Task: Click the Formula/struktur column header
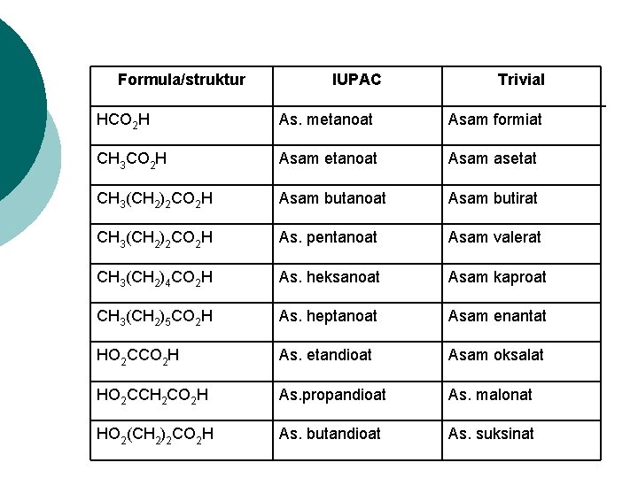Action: pyautogui.click(x=181, y=80)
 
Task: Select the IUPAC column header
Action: pyautogui.click(x=356, y=80)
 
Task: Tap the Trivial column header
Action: pyautogui.click(x=521, y=80)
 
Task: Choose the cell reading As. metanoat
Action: pyautogui.click(x=326, y=119)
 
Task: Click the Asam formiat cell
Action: pyautogui.click(x=494, y=119)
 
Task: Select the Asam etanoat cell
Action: pyautogui.click(x=328, y=158)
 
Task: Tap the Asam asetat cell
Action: pyautogui.click(x=493, y=158)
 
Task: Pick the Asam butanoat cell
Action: pyautogui.click(x=332, y=198)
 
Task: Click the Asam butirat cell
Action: pyautogui.click(x=493, y=198)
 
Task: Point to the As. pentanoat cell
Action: pyautogui.click(x=328, y=237)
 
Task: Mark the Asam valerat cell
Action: pyautogui.click(x=494, y=237)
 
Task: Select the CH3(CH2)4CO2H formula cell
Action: pyautogui.click(x=154, y=278)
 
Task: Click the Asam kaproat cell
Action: pyautogui.click(x=497, y=277)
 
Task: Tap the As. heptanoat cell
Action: pyautogui.click(x=328, y=316)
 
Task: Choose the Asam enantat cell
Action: pyautogui.click(x=497, y=316)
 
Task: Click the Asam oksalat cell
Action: pyautogui.click(x=495, y=355)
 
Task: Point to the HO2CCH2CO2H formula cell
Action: pyautogui.click(x=152, y=396)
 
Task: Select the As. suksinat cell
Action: pyautogui.click(x=491, y=434)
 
